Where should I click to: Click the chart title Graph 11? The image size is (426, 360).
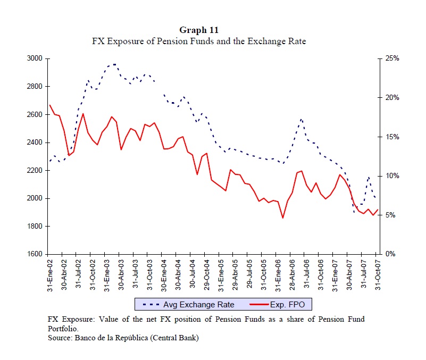pyautogui.click(x=199, y=30)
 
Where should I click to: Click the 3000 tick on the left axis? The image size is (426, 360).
pyautogui.click(x=35, y=58)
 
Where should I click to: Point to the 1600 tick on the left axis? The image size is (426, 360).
pyautogui.click(x=35, y=254)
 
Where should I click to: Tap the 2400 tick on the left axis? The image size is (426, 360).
pyautogui.click(x=35, y=143)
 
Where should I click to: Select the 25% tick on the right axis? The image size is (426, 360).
pyautogui.click(x=392, y=58)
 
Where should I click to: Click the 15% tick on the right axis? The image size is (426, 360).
pyautogui.click(x=392, y=137)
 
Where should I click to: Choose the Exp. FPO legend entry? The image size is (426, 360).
pyautogui.click(x=291, y=305)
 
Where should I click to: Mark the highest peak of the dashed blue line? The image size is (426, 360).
pyautogui.click(x=114, y=64)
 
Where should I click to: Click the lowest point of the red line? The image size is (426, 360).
pyautogui.click(x=283, y=218)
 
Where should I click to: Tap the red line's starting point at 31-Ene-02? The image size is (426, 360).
pyautogui.click(x=49, y=105)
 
